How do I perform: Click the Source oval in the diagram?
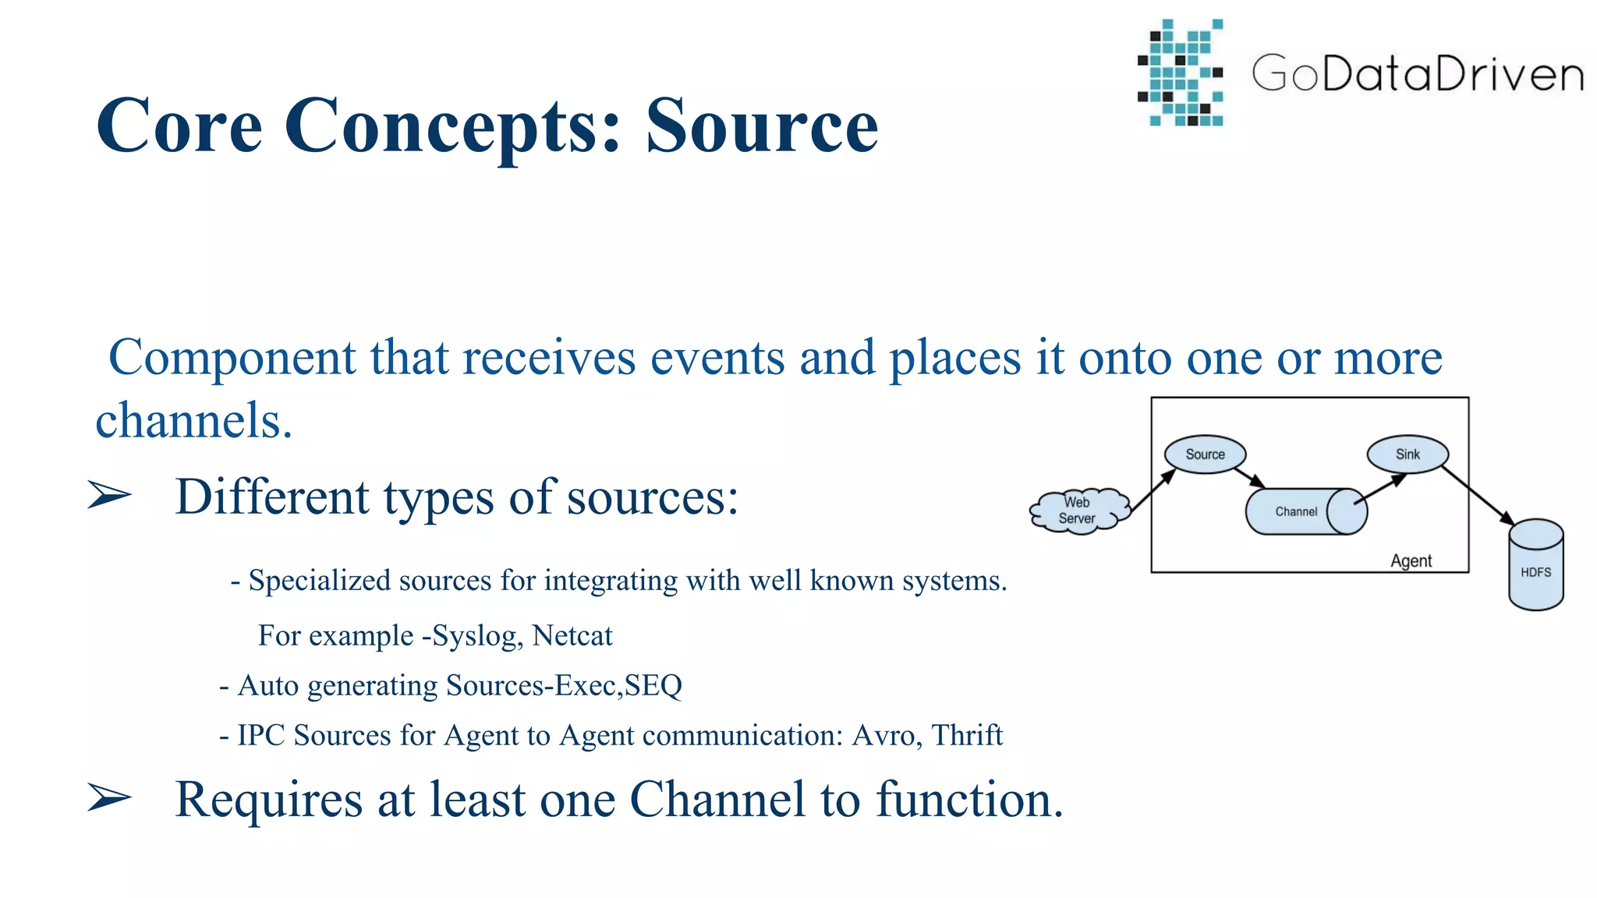(1205, 454)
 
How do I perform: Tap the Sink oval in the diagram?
(1408, 454)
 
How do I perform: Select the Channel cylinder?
(1298, 511)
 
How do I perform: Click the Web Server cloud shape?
(1078, 511)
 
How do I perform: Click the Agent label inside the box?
(1411, 560)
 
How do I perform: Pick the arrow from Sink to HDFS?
(1478, 496)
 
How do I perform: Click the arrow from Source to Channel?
(1249, 477)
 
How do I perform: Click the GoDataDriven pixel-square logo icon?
(1181, 72)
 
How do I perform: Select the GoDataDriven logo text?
(1418, 74)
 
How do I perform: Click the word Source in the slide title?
(762, 126)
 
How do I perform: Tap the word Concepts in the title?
(452, 126)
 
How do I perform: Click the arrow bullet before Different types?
(109, 495)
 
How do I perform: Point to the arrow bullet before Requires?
(109, 797)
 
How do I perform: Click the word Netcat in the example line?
(572, 635)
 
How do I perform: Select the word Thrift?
(967, 734)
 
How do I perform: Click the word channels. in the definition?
(193, 421)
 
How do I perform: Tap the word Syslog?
(474, 636)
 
